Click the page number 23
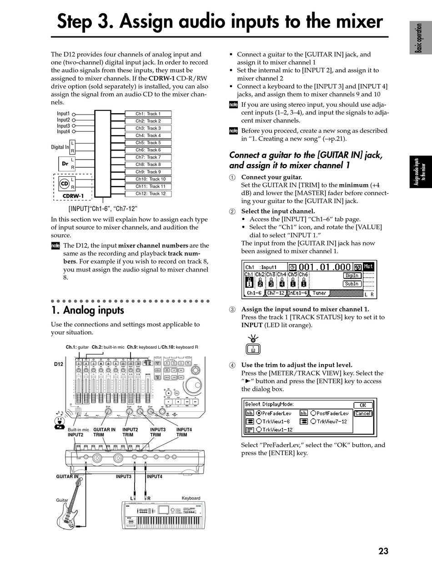383,551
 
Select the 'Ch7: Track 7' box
148,157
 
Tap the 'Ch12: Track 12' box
148,194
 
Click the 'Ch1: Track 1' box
148,114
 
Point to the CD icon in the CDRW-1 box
65,184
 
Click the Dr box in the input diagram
65,163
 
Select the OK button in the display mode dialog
362,405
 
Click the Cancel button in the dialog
362,413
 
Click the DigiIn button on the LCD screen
352,275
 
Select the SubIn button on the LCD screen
352,284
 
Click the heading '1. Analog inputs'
87,310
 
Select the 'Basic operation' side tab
420,38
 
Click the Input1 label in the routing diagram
63,114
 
